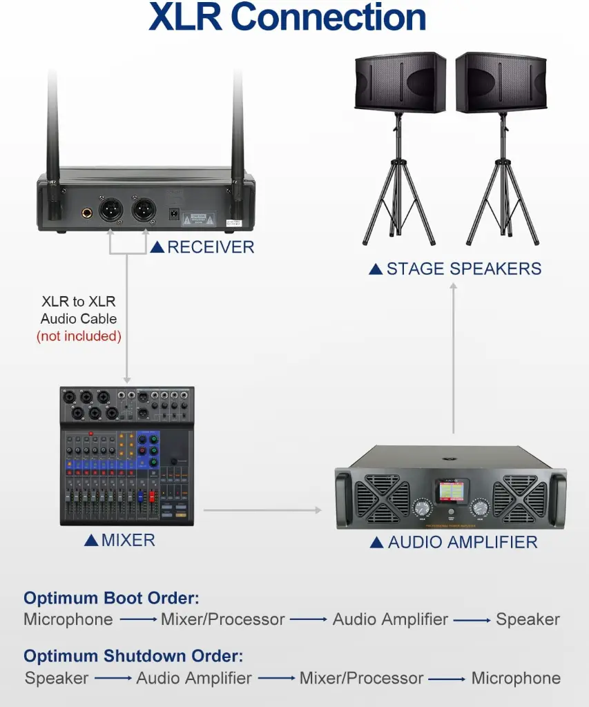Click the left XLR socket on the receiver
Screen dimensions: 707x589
click(x=112, y=208)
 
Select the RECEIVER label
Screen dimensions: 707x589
click(x=211, y=246)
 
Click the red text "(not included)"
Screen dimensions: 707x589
click(x=79, y=336)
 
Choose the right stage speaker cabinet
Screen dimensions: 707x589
click(x=501, y=82)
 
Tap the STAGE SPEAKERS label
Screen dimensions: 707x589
click(x=463, y=269)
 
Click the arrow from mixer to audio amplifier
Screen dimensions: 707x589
click(x=262, y=510)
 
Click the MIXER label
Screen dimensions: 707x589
click(x=128, y=540)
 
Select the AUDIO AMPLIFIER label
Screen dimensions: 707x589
click(x=462, y=543)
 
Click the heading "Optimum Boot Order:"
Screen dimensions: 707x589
click(x=111, y=598)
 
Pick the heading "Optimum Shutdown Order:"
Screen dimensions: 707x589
click(x=133, y=656)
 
